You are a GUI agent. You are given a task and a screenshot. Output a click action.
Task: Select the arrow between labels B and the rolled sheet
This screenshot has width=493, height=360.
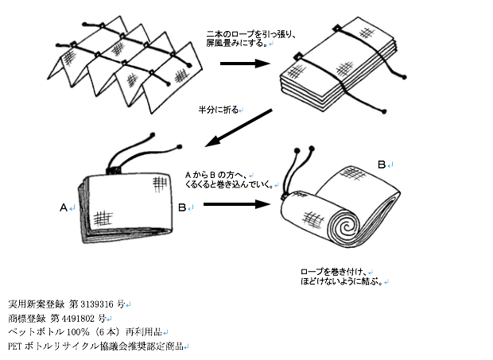click(234, 204)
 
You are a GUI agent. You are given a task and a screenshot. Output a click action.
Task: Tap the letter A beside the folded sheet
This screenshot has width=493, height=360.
click(64, 207)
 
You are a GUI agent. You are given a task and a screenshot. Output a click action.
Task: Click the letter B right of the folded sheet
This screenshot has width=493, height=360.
click(182, 207)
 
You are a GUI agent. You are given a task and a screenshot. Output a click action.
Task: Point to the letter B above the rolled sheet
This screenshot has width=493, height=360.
click(381, 165)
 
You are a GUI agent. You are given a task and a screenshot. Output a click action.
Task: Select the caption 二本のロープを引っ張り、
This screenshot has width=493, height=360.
click(250, 33)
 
